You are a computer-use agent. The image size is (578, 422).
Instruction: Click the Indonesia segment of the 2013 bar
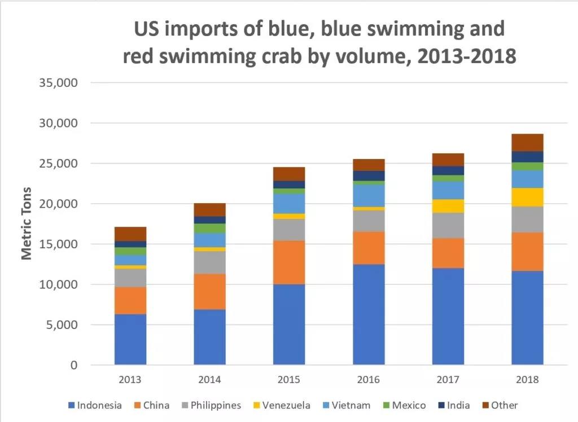point(130,339)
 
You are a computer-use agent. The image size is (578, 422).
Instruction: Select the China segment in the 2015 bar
point(289,262)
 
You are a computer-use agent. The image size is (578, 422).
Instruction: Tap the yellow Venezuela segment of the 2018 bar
point(527,197)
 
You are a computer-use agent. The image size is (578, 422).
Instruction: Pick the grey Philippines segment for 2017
point(448,225)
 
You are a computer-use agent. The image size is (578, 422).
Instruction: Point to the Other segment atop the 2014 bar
point(209,210)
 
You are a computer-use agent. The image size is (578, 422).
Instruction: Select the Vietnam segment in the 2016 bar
point(369,195)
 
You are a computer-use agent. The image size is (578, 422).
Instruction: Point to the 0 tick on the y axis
point(73,366)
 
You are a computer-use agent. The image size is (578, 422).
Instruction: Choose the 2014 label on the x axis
point(209,380)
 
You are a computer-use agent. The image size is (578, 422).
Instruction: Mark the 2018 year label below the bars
point(527,380)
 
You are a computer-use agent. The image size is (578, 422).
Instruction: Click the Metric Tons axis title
point(27,223)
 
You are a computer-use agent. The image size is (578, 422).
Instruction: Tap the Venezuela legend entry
point(282,405)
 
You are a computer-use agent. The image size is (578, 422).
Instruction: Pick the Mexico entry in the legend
point(405,405)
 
